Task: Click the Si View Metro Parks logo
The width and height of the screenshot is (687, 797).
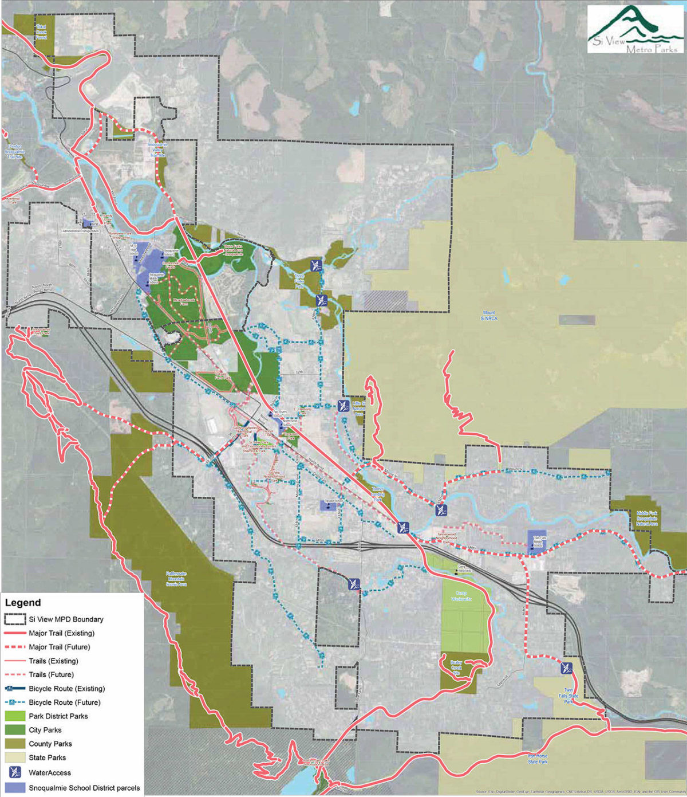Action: point(635,29)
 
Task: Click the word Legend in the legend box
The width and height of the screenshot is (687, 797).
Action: point(23,603)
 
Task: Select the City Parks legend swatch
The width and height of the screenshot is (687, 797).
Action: point(15,730)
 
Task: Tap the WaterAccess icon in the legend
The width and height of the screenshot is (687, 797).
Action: point(15,772)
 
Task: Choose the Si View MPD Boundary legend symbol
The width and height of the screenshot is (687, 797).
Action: point(15,619)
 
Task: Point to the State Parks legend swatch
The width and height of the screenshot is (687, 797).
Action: point(15,757)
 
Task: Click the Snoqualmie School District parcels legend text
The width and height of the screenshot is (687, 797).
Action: point(84,788)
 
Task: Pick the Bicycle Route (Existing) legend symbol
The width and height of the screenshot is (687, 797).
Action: point(15,689)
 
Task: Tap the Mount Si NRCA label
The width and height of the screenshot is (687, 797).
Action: point(489,316)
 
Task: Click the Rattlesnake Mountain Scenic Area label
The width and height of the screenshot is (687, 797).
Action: point(176,579)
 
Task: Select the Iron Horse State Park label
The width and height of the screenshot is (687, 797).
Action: point(538,759)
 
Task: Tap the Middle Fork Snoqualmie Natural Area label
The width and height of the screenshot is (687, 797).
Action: point(647,519)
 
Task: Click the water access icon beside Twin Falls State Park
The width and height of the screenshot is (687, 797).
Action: point(567,668)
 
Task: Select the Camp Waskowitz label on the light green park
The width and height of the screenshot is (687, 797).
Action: point(461,596)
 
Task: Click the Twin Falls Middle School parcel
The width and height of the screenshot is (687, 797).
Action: point(537,542)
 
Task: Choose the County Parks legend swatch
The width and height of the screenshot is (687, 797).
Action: point(15,744)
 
